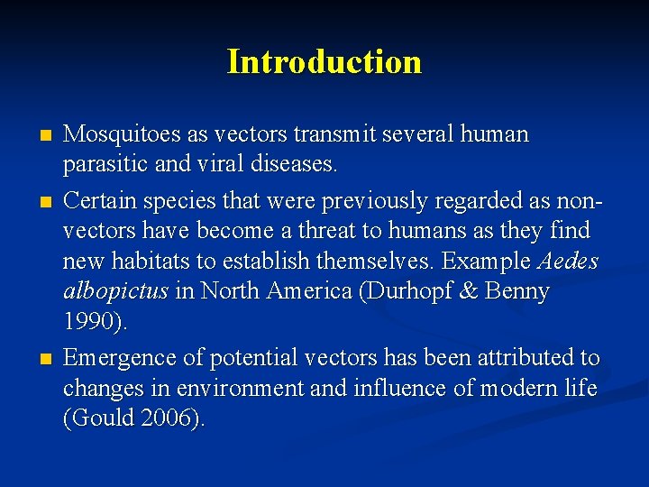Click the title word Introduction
tap(324, 61)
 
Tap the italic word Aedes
tap(568, 262)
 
